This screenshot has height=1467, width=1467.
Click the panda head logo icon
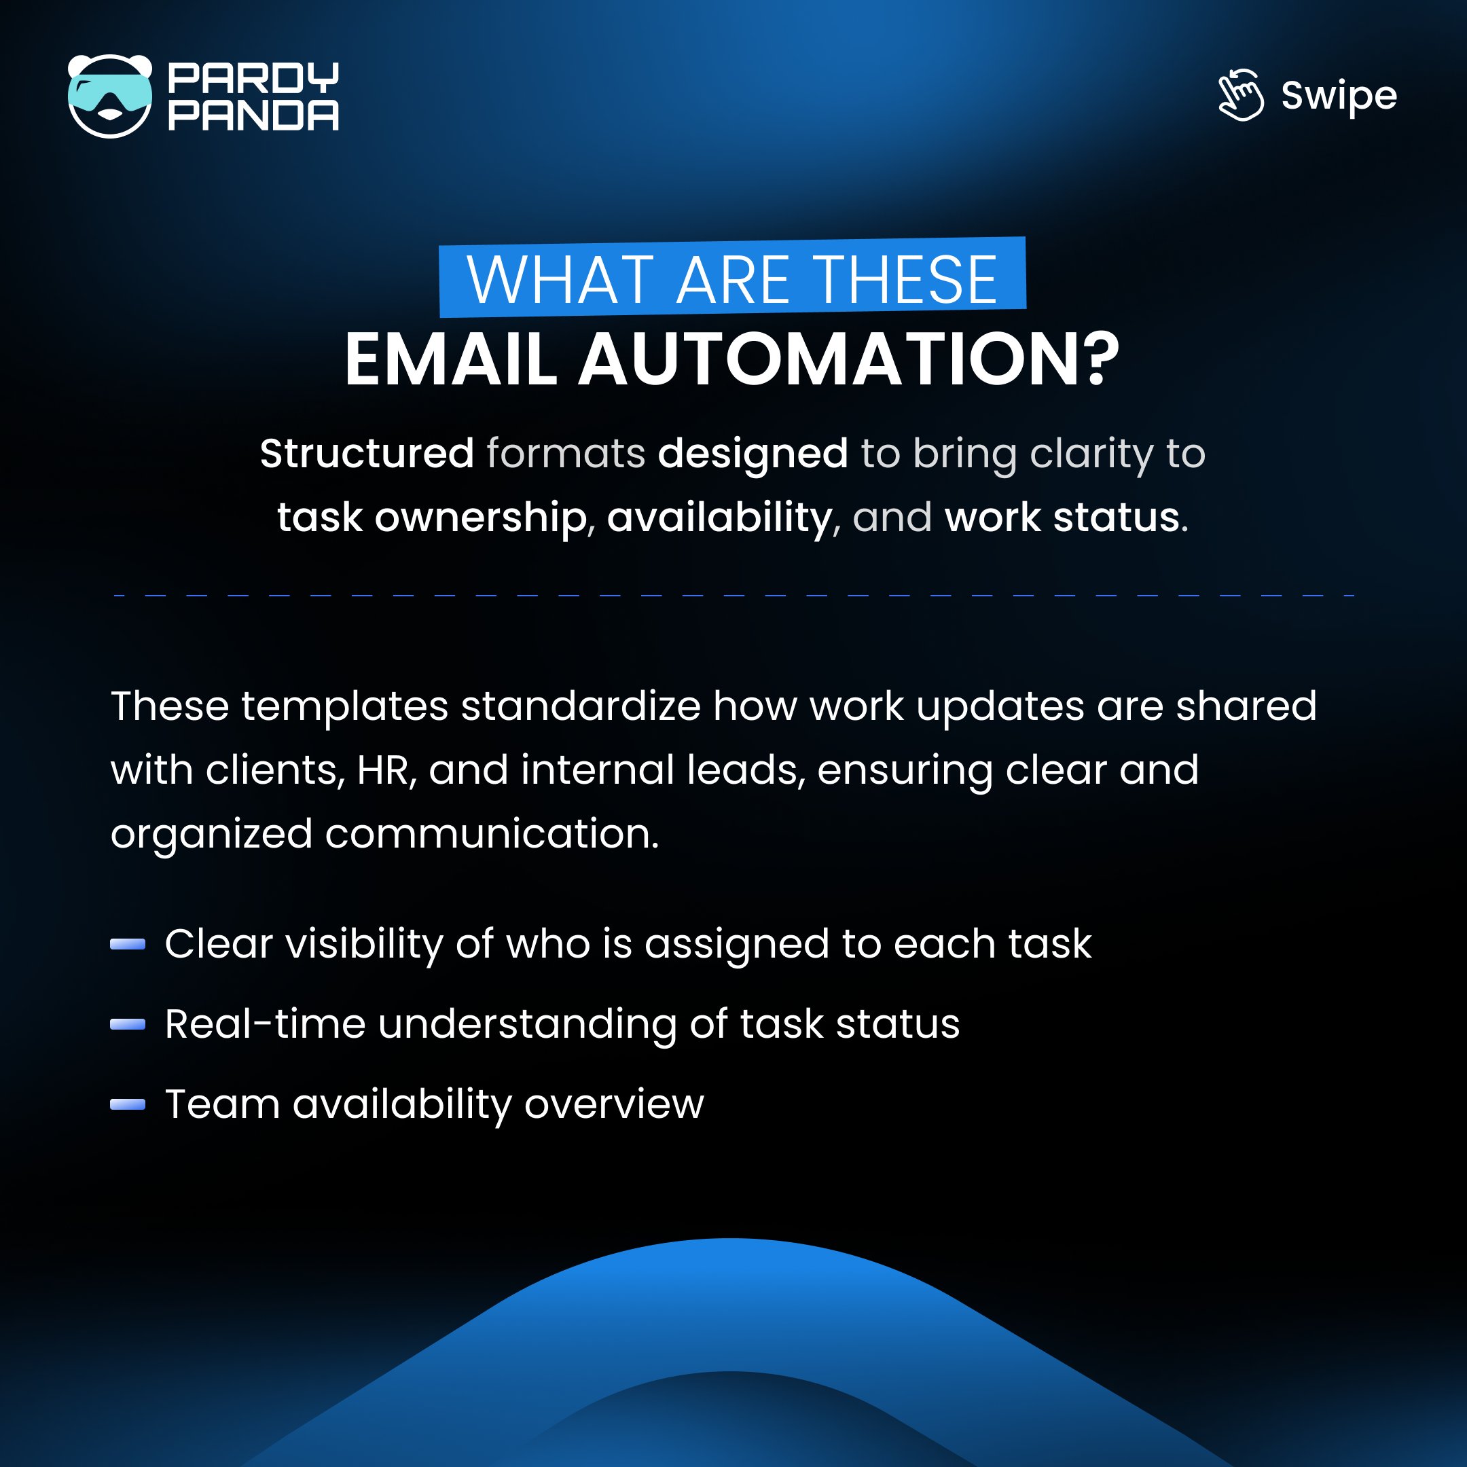click(x=110, y=96)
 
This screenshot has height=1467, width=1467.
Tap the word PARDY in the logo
click(x=253, y=77)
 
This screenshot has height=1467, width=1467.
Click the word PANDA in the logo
click(x=253, y=115)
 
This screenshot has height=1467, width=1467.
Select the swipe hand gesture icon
click(x=1241, y=96)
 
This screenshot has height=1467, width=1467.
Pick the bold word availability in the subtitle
click(x=720, y=518)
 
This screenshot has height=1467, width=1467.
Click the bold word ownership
click(x=481, y=518)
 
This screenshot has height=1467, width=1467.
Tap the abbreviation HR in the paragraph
click(x=386, y=770)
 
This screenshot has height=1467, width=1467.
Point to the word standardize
click(x=581, y=706)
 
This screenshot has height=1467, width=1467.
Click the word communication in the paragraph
click(x=491, y=834)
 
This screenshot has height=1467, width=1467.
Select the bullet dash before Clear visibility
click(x=128, y=944)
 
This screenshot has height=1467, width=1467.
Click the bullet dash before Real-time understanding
click(x=128, y=1024)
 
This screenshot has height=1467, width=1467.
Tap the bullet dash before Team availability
click(x=128, y=1104)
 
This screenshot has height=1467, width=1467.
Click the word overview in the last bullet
click(x=613, y=1104)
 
